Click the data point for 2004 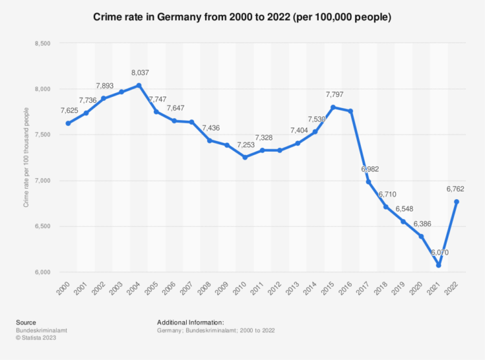(x=139, y=85)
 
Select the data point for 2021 (x=438, y=265)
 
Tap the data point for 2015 (x=333, y=107)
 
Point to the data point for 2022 (x=457, y=202)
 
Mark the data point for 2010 (x=244, y=157)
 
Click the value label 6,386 (x=421, y=224)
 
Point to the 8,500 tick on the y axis (x=42, y=43)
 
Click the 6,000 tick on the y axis (x=42, y=272)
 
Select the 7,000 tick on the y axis (x=42, y=180)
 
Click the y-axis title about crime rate (x=26, y=158)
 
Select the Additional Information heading (x=190, y=323)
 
